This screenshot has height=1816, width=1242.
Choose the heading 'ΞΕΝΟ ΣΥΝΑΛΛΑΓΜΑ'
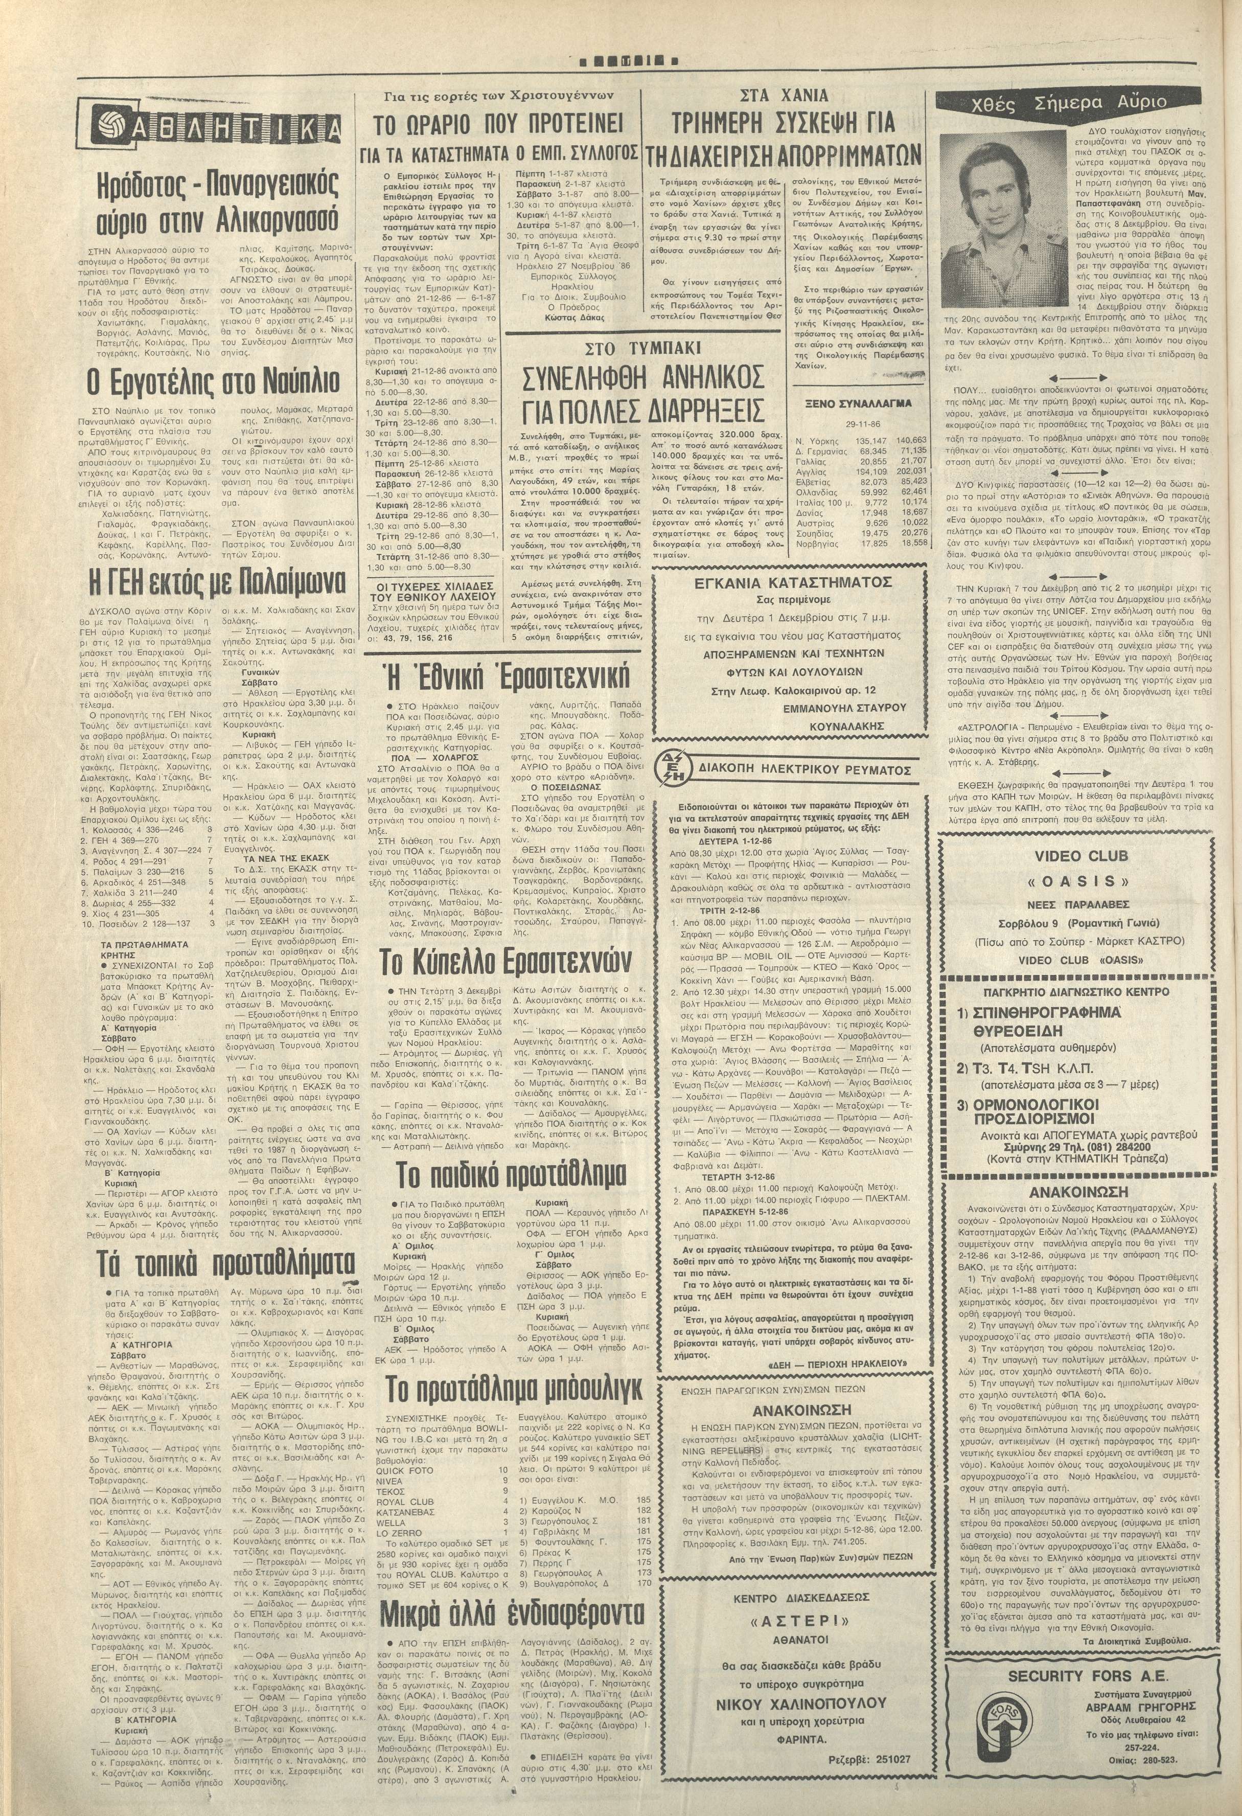858,406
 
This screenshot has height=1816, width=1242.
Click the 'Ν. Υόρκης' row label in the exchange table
812,440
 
